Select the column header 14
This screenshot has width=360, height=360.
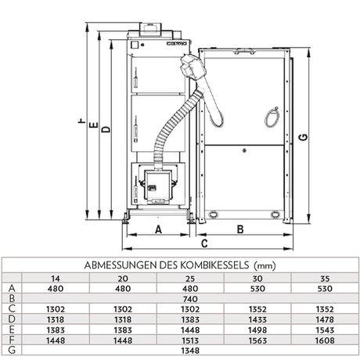pyautogui.click(x=54, y=278)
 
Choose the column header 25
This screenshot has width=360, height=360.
pyautogui.click(x=192, y=278)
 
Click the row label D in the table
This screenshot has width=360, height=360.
pyautogui.click(x=10, y=319)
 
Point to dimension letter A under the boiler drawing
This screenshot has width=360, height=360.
pyautogui.click(x=158, y=229)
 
